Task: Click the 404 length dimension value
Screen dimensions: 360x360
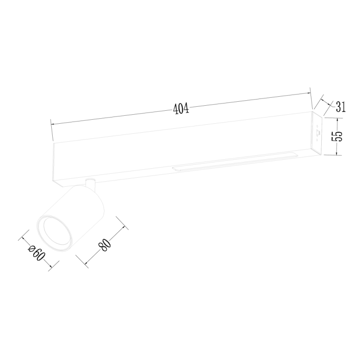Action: pyautogui.click(x=180, y=108)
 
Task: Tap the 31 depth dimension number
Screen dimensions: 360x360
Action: pyautogui.click(x=340, y=107)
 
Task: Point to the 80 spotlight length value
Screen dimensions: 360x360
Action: pyautogui.click(x=104, y=245)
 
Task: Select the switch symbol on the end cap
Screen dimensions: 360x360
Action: pyautogui.click(x=319, y=133)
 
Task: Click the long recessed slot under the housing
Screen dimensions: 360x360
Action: pyautogui.click(x=234, y=163)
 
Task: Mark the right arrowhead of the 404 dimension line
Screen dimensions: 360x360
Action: pyautogui.click(x=310, y=93)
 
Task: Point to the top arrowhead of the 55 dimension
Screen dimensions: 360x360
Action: pyautogui.click(x=337, y=118)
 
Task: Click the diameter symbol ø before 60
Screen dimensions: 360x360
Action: pyautogui.click(x=31, y=247)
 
